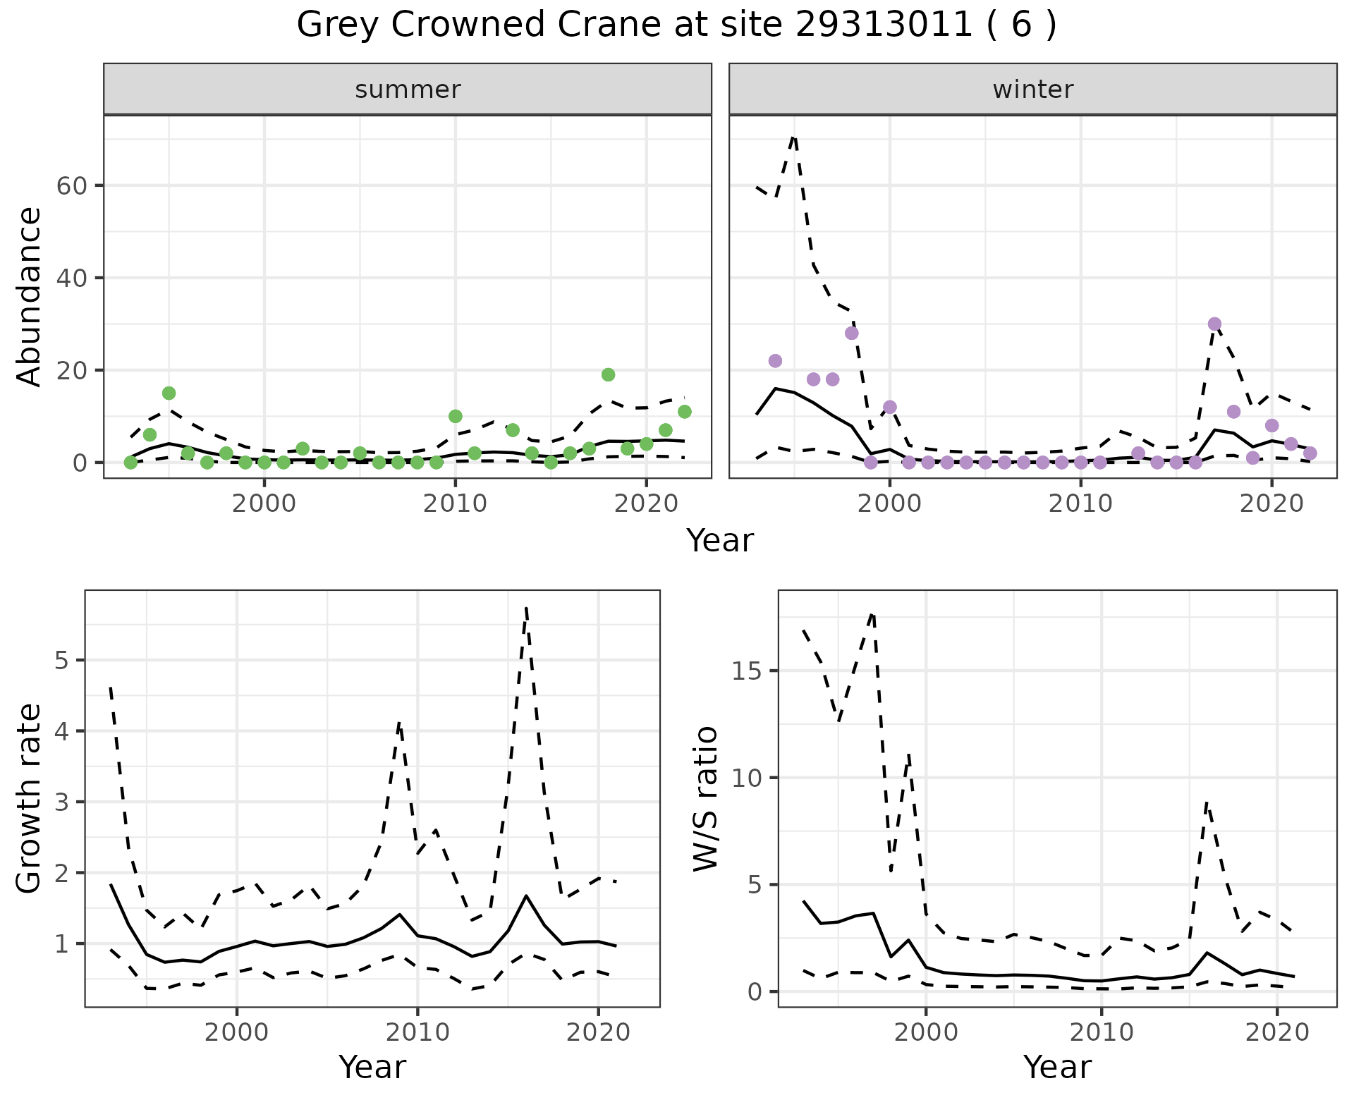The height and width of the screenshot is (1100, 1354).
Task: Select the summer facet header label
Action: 408,90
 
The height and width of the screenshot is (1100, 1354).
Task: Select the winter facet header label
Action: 1032,90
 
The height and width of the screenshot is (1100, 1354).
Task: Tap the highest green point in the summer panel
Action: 608,374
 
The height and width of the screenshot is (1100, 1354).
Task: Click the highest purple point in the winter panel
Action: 1214,324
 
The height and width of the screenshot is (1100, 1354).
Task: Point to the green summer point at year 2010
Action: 456,416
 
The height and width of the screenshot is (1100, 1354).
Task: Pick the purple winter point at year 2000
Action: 890,407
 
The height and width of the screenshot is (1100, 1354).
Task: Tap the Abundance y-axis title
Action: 30,297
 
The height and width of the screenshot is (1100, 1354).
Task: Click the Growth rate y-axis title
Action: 30,798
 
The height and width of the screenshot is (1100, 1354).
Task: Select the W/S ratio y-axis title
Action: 705,798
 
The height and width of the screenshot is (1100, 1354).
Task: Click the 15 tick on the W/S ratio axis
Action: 745,671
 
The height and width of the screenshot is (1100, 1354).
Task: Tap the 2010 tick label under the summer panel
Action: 456,504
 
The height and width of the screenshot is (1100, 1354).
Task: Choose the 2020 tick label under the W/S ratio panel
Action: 1277,1033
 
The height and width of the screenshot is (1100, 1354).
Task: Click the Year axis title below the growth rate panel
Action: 372,1067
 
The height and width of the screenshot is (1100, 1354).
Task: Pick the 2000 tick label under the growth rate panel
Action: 237,1033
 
